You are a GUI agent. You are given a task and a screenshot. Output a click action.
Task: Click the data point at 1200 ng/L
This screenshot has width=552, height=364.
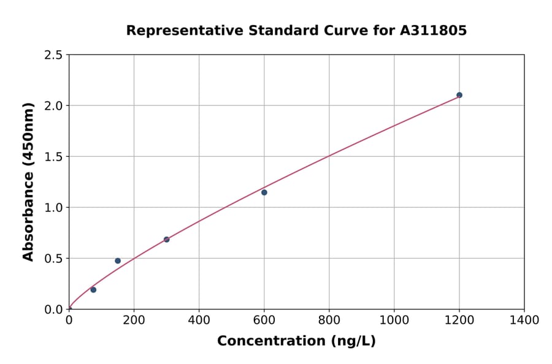click(459, 95)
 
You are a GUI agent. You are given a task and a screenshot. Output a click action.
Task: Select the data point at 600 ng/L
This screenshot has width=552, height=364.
click(264, 192)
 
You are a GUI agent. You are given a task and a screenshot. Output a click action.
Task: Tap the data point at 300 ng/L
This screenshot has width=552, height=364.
click(167, 240)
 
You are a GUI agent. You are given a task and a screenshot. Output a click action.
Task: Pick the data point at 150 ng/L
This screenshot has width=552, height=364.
click(118, 261)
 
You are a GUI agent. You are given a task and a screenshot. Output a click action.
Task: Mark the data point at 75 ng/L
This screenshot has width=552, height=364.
click(93, 290)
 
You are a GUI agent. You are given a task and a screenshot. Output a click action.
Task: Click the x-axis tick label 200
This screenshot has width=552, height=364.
click(134, 320)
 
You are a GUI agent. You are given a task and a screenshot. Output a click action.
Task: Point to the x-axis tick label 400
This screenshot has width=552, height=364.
click(199, 320)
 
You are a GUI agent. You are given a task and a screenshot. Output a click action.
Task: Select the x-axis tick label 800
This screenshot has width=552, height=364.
click(329, 320)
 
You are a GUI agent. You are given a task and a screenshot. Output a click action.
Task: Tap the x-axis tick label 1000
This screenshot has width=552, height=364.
click(394, 320)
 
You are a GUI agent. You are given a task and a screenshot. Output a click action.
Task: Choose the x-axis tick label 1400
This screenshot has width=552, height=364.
click(524, 320)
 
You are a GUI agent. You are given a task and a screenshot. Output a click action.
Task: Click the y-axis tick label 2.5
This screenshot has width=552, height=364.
click(54, 55)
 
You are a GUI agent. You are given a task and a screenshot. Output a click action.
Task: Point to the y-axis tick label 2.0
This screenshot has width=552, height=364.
click(54, 106)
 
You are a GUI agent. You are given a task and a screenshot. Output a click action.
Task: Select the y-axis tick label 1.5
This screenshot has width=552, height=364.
click(54, 157)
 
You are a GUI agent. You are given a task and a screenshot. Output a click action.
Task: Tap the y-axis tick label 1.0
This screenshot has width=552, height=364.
click(54, 208)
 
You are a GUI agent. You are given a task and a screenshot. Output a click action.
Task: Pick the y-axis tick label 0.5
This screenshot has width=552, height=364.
click(54, 259)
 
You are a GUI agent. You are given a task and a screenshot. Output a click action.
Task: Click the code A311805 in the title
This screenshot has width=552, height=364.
click(434, 30)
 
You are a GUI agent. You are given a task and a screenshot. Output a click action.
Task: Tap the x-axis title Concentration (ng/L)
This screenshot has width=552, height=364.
click(296, 341)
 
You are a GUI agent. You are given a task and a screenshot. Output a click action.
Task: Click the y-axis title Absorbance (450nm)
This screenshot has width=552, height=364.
click(28, 181)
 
